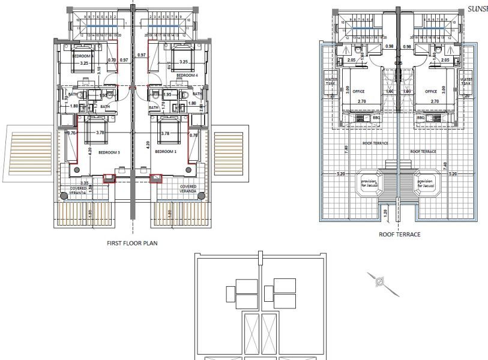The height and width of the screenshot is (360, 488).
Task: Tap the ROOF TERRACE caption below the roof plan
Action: (x=399, y=235)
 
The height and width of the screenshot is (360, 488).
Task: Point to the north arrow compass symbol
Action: (x=379, y=281)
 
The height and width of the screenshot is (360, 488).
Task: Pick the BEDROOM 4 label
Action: (x=188, y=76)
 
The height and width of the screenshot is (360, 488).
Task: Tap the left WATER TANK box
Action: (x=331, y=82)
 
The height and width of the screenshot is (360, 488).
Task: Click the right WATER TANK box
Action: (x=466, y=82)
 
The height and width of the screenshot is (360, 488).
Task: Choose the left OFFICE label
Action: (x=358, y=92)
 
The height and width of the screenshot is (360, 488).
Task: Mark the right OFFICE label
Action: (x=430, y=92)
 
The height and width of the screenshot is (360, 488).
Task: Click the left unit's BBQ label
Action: (x=377, y=118)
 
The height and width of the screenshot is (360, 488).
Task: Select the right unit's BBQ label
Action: (x=420, y=118)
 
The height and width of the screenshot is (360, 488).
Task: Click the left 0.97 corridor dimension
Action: (x=124, y=60)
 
